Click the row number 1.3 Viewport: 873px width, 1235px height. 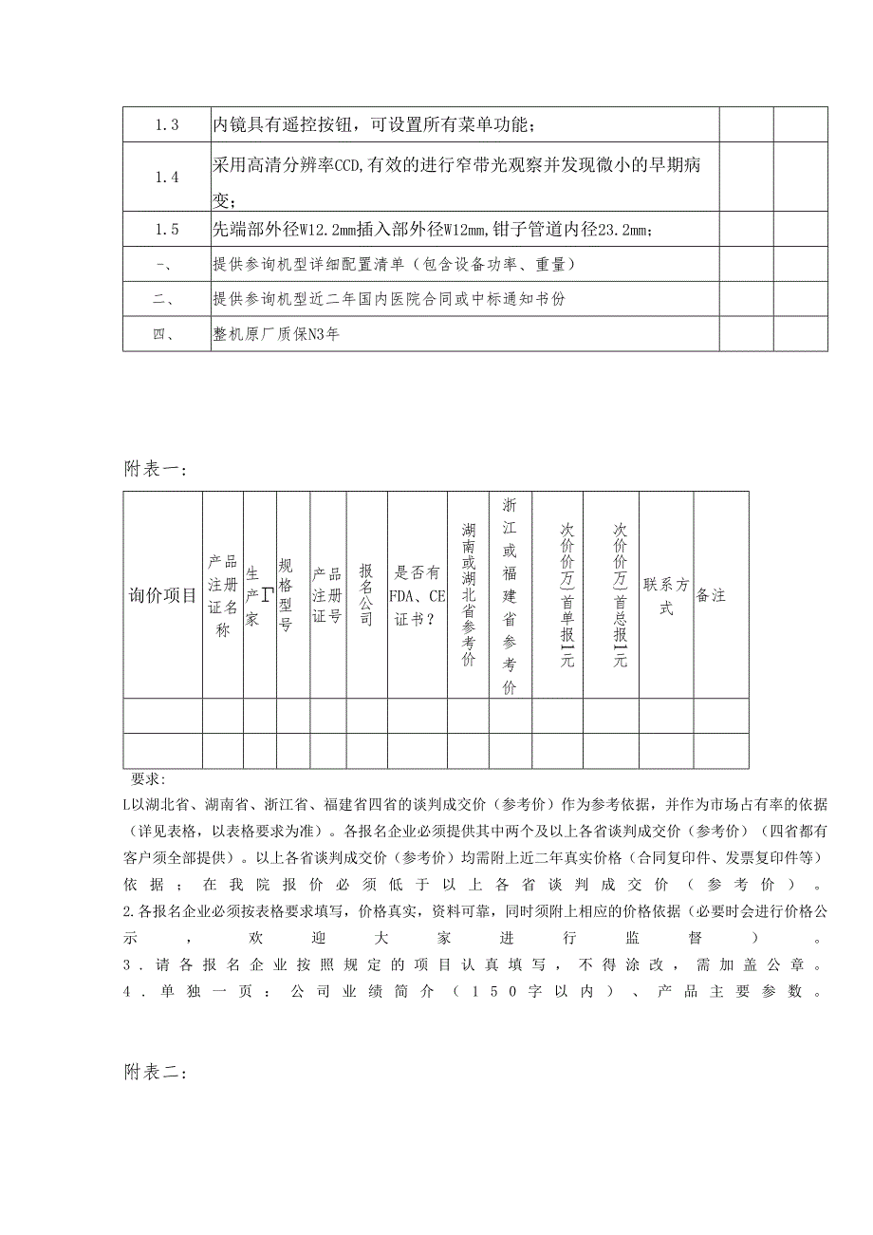click(x=166, y=125)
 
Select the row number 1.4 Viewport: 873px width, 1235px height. click(x=166, y=178)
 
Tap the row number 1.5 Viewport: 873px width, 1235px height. click(x=166, y=230)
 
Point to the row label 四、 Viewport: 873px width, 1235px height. click(x=166, y=334)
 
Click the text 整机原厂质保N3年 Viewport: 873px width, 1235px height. click(x=276, y=334)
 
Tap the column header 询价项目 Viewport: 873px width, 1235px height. click(x=162, y=595)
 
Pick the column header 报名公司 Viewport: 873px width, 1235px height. click(x=366, y=595)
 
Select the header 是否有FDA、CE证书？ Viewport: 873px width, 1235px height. click(x=418, y=595)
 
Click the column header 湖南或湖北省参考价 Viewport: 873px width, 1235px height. click(x=469, y=595)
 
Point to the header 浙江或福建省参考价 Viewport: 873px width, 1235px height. click(x=510, y=595)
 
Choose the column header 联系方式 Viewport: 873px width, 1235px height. click(x=666, y=595)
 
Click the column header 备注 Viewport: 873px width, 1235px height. click(x=711, y=595)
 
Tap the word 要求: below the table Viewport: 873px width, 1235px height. click(x=148, y=779)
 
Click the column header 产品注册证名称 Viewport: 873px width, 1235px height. click(x=222, y=595)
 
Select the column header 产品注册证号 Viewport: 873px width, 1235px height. click(x=326, y=595)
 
